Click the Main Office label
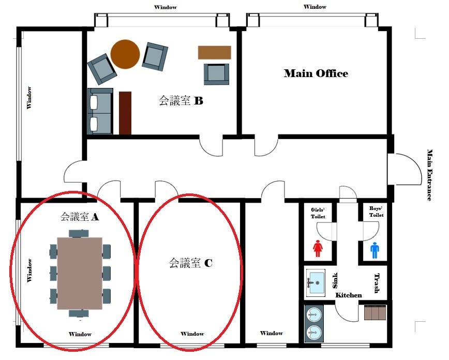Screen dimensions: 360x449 tap(316, 73)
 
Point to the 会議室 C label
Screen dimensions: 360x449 tap(190, 263)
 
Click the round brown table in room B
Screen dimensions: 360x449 tap(125, 54)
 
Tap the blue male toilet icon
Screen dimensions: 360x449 tap(375, 250)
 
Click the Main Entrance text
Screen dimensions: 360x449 tap(430, 175)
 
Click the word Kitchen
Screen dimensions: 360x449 tap(348, 295)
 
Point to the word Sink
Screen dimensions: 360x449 tap(335, 280)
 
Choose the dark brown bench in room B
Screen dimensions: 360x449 tap(125, 113)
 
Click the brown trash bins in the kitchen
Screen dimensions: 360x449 tap(375, 313)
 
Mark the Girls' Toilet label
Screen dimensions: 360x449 tap(318, 213)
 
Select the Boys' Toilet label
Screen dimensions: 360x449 tap(376, 212)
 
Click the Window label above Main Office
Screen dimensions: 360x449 tap(315, 7)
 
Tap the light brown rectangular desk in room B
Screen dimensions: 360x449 tap(214, 52)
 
